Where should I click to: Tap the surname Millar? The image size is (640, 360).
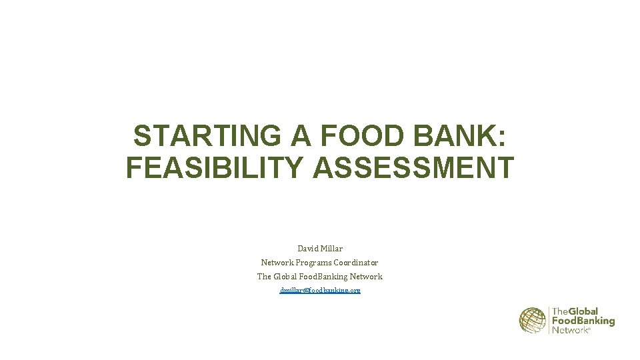tap(331, 249)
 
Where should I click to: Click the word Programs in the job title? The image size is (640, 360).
tap(313, 263)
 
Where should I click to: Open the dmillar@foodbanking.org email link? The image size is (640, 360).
tap(320, 291)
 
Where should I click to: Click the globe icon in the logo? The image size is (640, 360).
tap(533, 320)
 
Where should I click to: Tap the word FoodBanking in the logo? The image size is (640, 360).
tap(583, 321)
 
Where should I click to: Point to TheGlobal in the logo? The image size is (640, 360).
tap(575, 311)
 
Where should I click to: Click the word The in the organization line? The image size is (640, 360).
tap(264, 277)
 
